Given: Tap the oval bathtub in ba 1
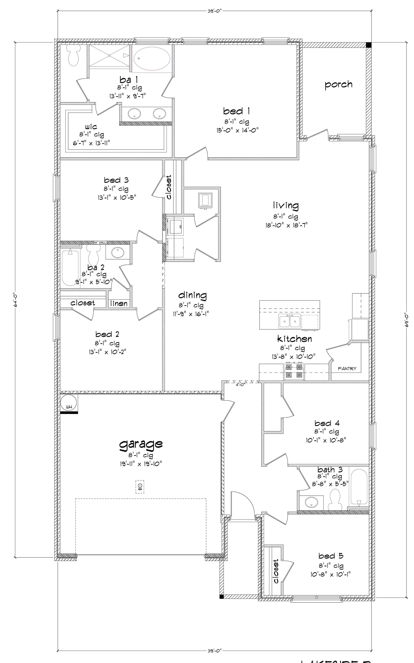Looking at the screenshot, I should [x=152, y=58].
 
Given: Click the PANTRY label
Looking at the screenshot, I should [x=347, y=369].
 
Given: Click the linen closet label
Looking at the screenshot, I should [x=119, y=303].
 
